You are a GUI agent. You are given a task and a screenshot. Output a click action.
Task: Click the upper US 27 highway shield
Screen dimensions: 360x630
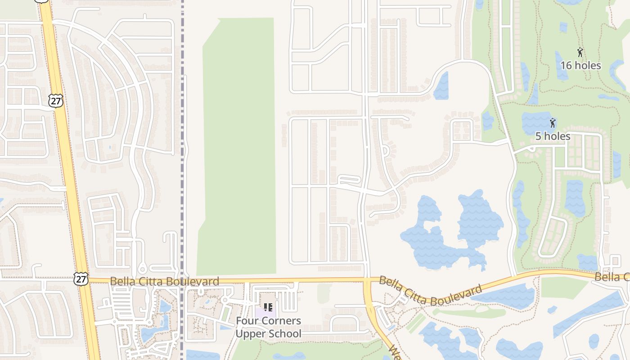pos(56,101)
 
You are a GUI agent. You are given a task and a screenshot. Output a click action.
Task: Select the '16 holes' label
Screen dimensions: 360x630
pos(580,65)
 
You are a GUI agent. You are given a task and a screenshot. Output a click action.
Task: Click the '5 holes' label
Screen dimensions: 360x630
pos(553,136)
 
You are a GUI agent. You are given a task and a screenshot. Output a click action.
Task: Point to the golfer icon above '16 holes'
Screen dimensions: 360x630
pos(580,52)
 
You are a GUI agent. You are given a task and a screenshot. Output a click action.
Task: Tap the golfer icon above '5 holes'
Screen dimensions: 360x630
pos(553,123)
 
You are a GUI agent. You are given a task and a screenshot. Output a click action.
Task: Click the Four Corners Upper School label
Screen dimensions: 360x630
pos(268,327)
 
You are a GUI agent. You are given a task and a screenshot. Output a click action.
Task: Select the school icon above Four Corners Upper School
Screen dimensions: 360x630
pos(268,308)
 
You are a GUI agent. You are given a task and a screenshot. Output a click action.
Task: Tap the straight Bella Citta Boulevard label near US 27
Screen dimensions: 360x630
pos(164,281)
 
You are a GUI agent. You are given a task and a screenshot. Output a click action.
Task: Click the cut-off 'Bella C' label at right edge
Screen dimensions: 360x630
pos(612,277)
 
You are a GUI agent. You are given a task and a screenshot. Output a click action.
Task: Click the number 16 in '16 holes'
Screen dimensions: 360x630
pos(566,65)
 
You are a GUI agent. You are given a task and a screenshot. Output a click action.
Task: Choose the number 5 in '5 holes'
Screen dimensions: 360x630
pos(538,136)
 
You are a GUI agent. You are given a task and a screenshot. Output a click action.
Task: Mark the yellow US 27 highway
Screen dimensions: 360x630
pos(67,180)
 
